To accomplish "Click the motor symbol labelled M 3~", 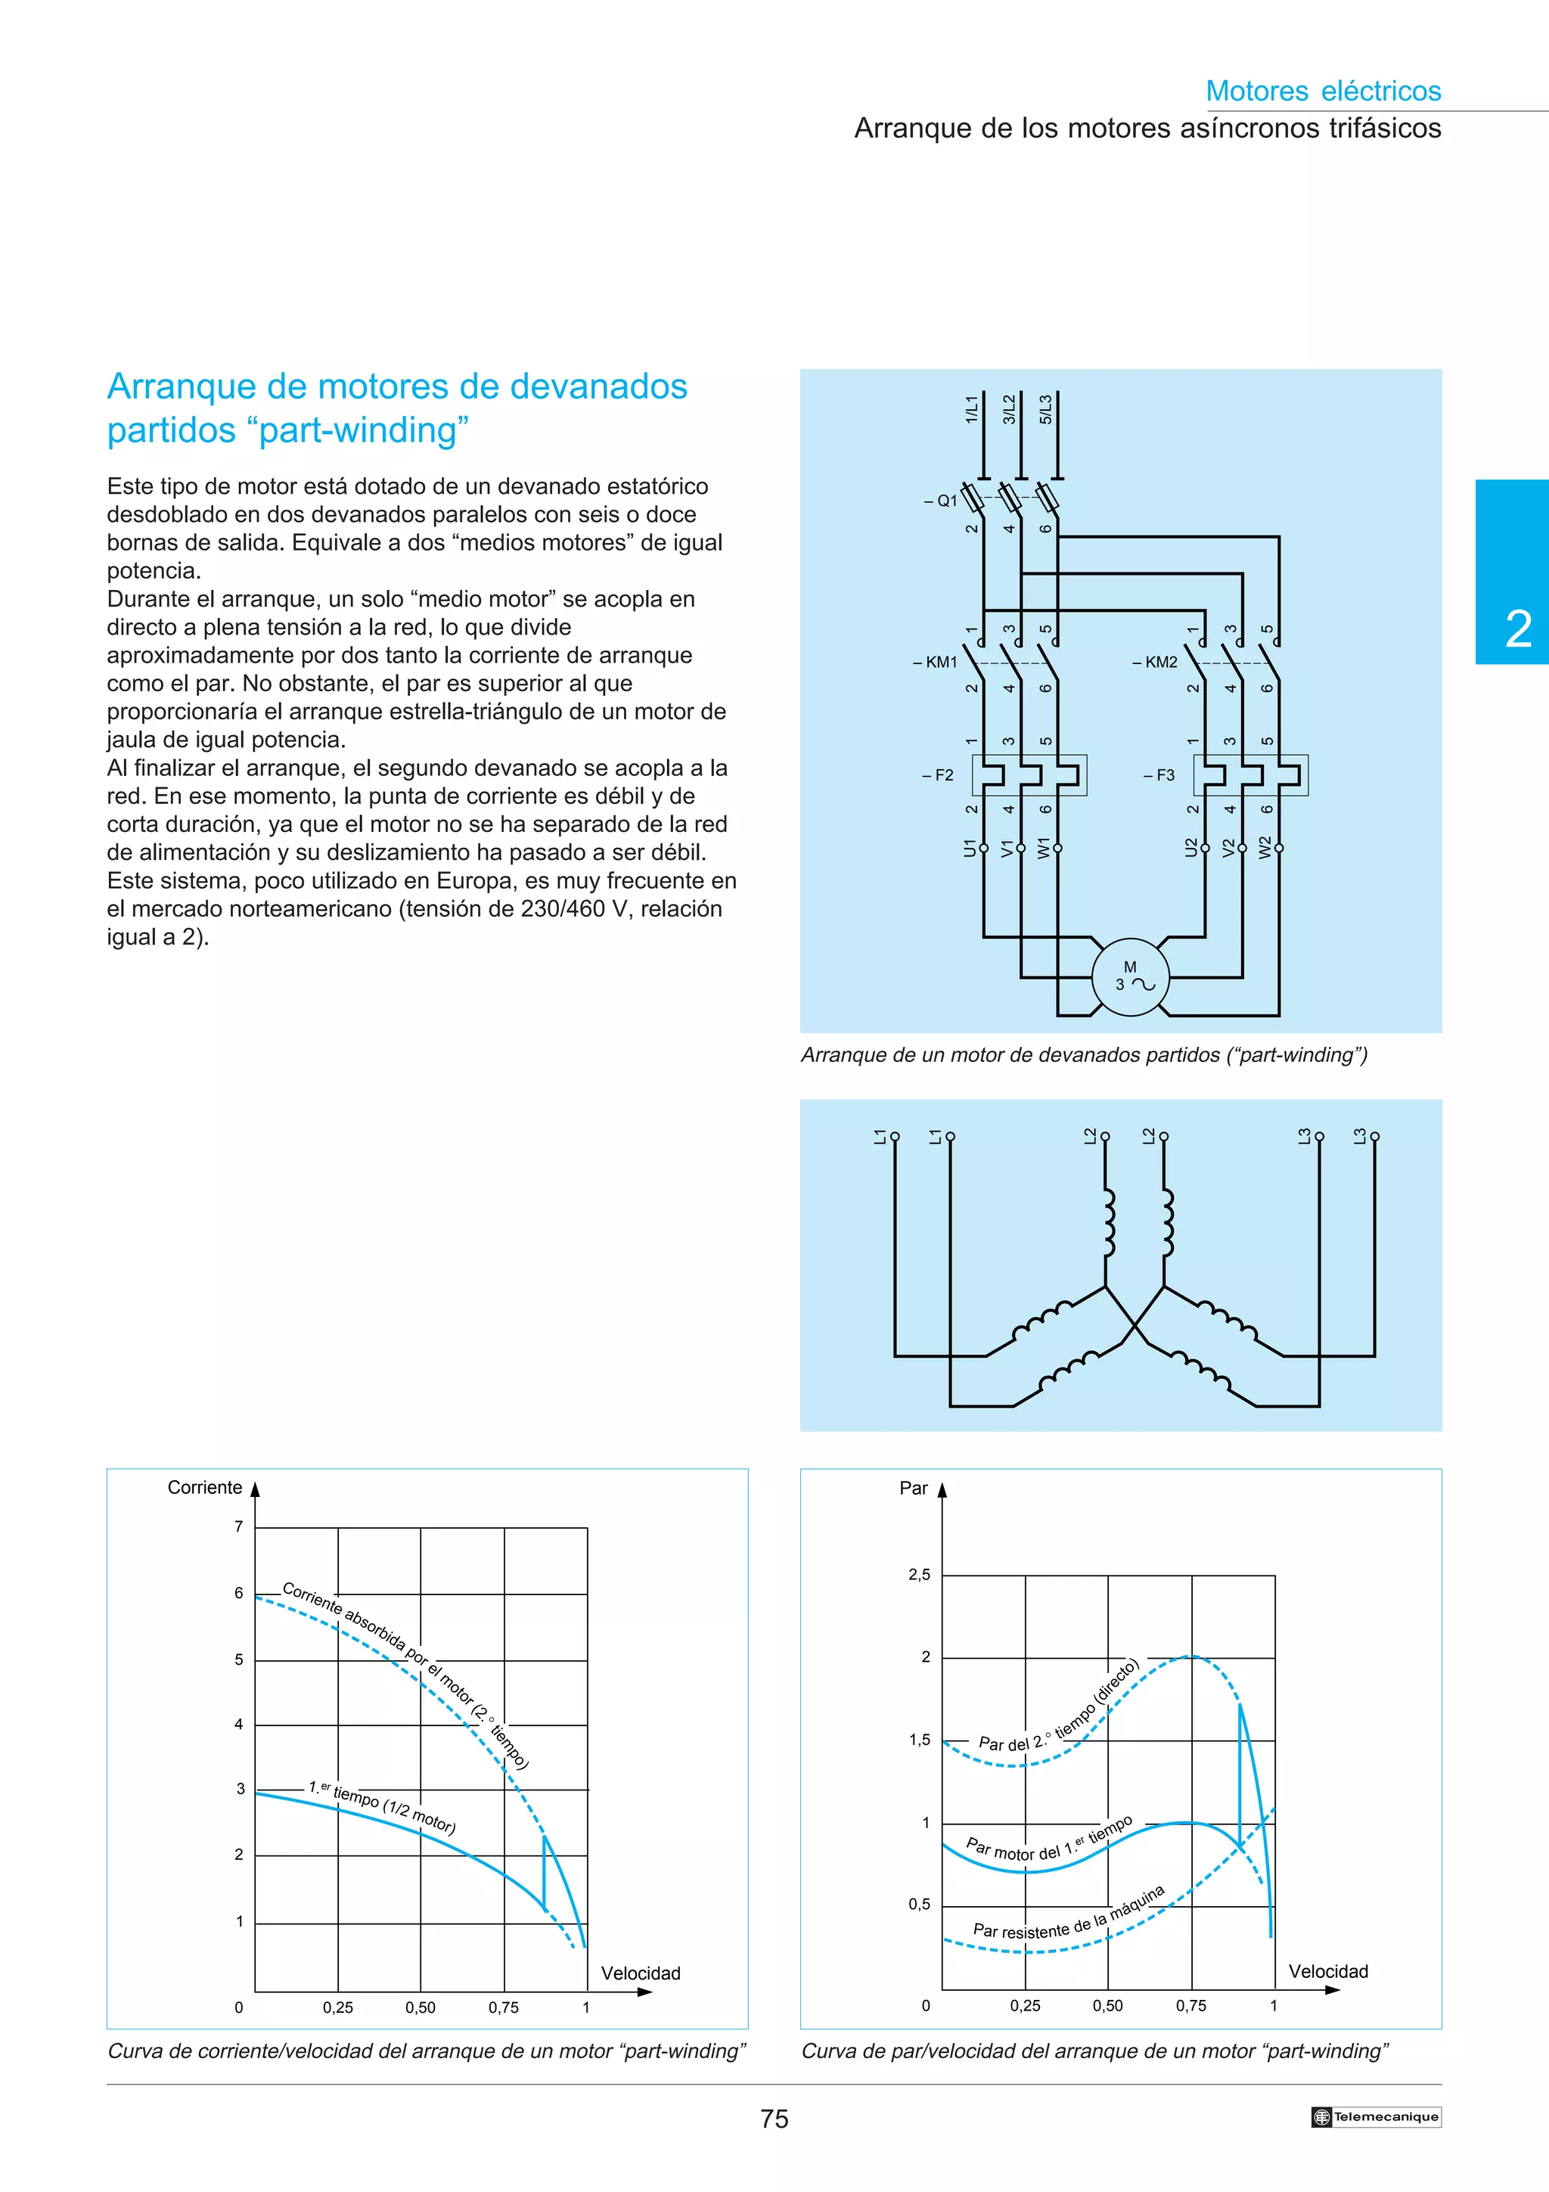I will [x=1130, y=976].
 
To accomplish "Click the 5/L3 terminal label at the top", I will [x=1047, y=408].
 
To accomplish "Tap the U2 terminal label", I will [x=1191, y=847].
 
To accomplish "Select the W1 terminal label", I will [x=1044, y=847].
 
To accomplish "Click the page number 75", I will [x=774, y=2119].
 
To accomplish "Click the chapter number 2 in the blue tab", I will [x=1517, y=630].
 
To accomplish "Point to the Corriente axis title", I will [x=204, y=1487].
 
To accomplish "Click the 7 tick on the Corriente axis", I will [x=238, y=1526].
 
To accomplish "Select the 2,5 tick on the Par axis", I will [x=919, y=1574].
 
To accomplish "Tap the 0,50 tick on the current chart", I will [x=420, y=2007].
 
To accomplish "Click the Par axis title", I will [x=914, y=1489].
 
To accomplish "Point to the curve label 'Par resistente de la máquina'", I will [x=1068, y=1915].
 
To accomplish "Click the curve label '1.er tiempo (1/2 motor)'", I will [x=382, y=1807].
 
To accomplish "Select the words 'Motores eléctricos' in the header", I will [x=1323, y=91].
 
